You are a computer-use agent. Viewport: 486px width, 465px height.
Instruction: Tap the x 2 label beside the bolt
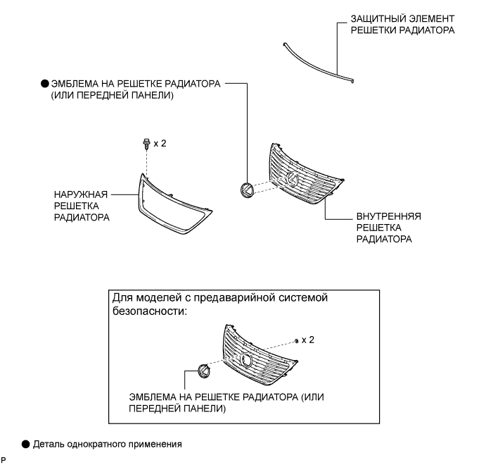coord(160,143)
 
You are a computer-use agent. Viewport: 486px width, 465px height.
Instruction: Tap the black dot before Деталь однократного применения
coord(26,444)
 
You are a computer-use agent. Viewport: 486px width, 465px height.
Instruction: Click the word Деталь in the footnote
coord(51,444)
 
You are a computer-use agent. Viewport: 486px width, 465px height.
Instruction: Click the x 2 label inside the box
coord(307,340)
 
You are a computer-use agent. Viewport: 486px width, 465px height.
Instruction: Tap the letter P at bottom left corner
coord(4,460)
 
